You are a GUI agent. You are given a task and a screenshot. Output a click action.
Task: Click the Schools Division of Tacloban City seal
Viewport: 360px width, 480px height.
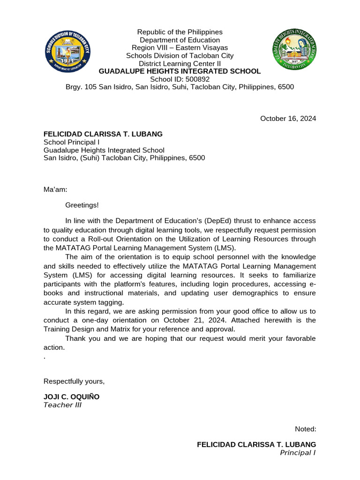coord(70,52)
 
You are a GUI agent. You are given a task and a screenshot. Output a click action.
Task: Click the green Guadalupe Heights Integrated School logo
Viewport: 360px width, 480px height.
coord(295,52)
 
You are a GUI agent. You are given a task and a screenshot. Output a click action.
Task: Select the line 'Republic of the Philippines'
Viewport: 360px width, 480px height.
coord(180,32)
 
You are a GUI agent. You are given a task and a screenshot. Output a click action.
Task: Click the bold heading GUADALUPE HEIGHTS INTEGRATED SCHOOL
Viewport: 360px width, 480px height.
coord(180,71)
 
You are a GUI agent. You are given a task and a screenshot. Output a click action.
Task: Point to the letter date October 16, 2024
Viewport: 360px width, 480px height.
coord(288,119)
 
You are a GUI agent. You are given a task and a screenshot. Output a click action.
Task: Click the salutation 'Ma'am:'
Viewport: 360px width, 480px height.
coord(55,189)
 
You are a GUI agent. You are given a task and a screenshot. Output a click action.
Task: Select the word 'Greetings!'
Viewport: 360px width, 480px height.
coord(82,205)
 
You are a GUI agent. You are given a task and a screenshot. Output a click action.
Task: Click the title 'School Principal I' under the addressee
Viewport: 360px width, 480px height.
coord(71,142)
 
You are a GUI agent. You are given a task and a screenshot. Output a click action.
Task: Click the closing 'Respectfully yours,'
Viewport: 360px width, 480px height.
coord(74,381)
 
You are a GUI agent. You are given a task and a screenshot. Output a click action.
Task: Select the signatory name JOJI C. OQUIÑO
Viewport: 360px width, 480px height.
coord(71,397)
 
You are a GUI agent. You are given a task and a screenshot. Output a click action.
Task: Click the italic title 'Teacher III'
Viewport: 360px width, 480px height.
coord(62,405)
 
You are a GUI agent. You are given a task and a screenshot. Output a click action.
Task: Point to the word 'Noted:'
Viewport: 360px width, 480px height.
coord(305,428)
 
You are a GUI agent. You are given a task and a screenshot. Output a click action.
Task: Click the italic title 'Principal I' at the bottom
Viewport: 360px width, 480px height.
coord(298,452)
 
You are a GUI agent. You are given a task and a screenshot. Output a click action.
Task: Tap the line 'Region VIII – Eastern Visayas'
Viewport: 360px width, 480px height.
coord(180,48)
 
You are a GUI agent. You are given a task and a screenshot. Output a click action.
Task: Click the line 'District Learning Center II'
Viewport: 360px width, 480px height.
coord(180,63)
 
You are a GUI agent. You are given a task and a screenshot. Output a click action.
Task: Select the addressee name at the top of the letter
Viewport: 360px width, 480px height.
coord(103,134)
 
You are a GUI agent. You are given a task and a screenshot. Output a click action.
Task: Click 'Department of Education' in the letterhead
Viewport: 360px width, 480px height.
coord(180,40)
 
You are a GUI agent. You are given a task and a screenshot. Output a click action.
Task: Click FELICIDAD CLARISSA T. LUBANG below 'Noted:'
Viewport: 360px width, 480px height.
coord(256,444)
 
